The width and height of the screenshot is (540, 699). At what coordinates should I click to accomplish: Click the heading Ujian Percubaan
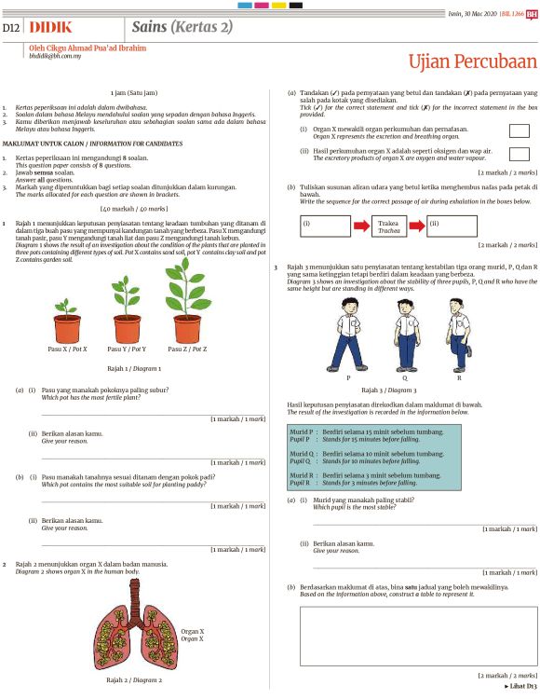(x=473, y=62)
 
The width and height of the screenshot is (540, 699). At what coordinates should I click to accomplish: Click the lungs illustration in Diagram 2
(x=131, y=634)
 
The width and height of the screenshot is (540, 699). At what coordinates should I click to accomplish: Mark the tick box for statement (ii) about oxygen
(x=519, y=154)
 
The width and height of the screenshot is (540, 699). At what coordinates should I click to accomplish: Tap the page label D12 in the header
(x=11, y=28)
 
